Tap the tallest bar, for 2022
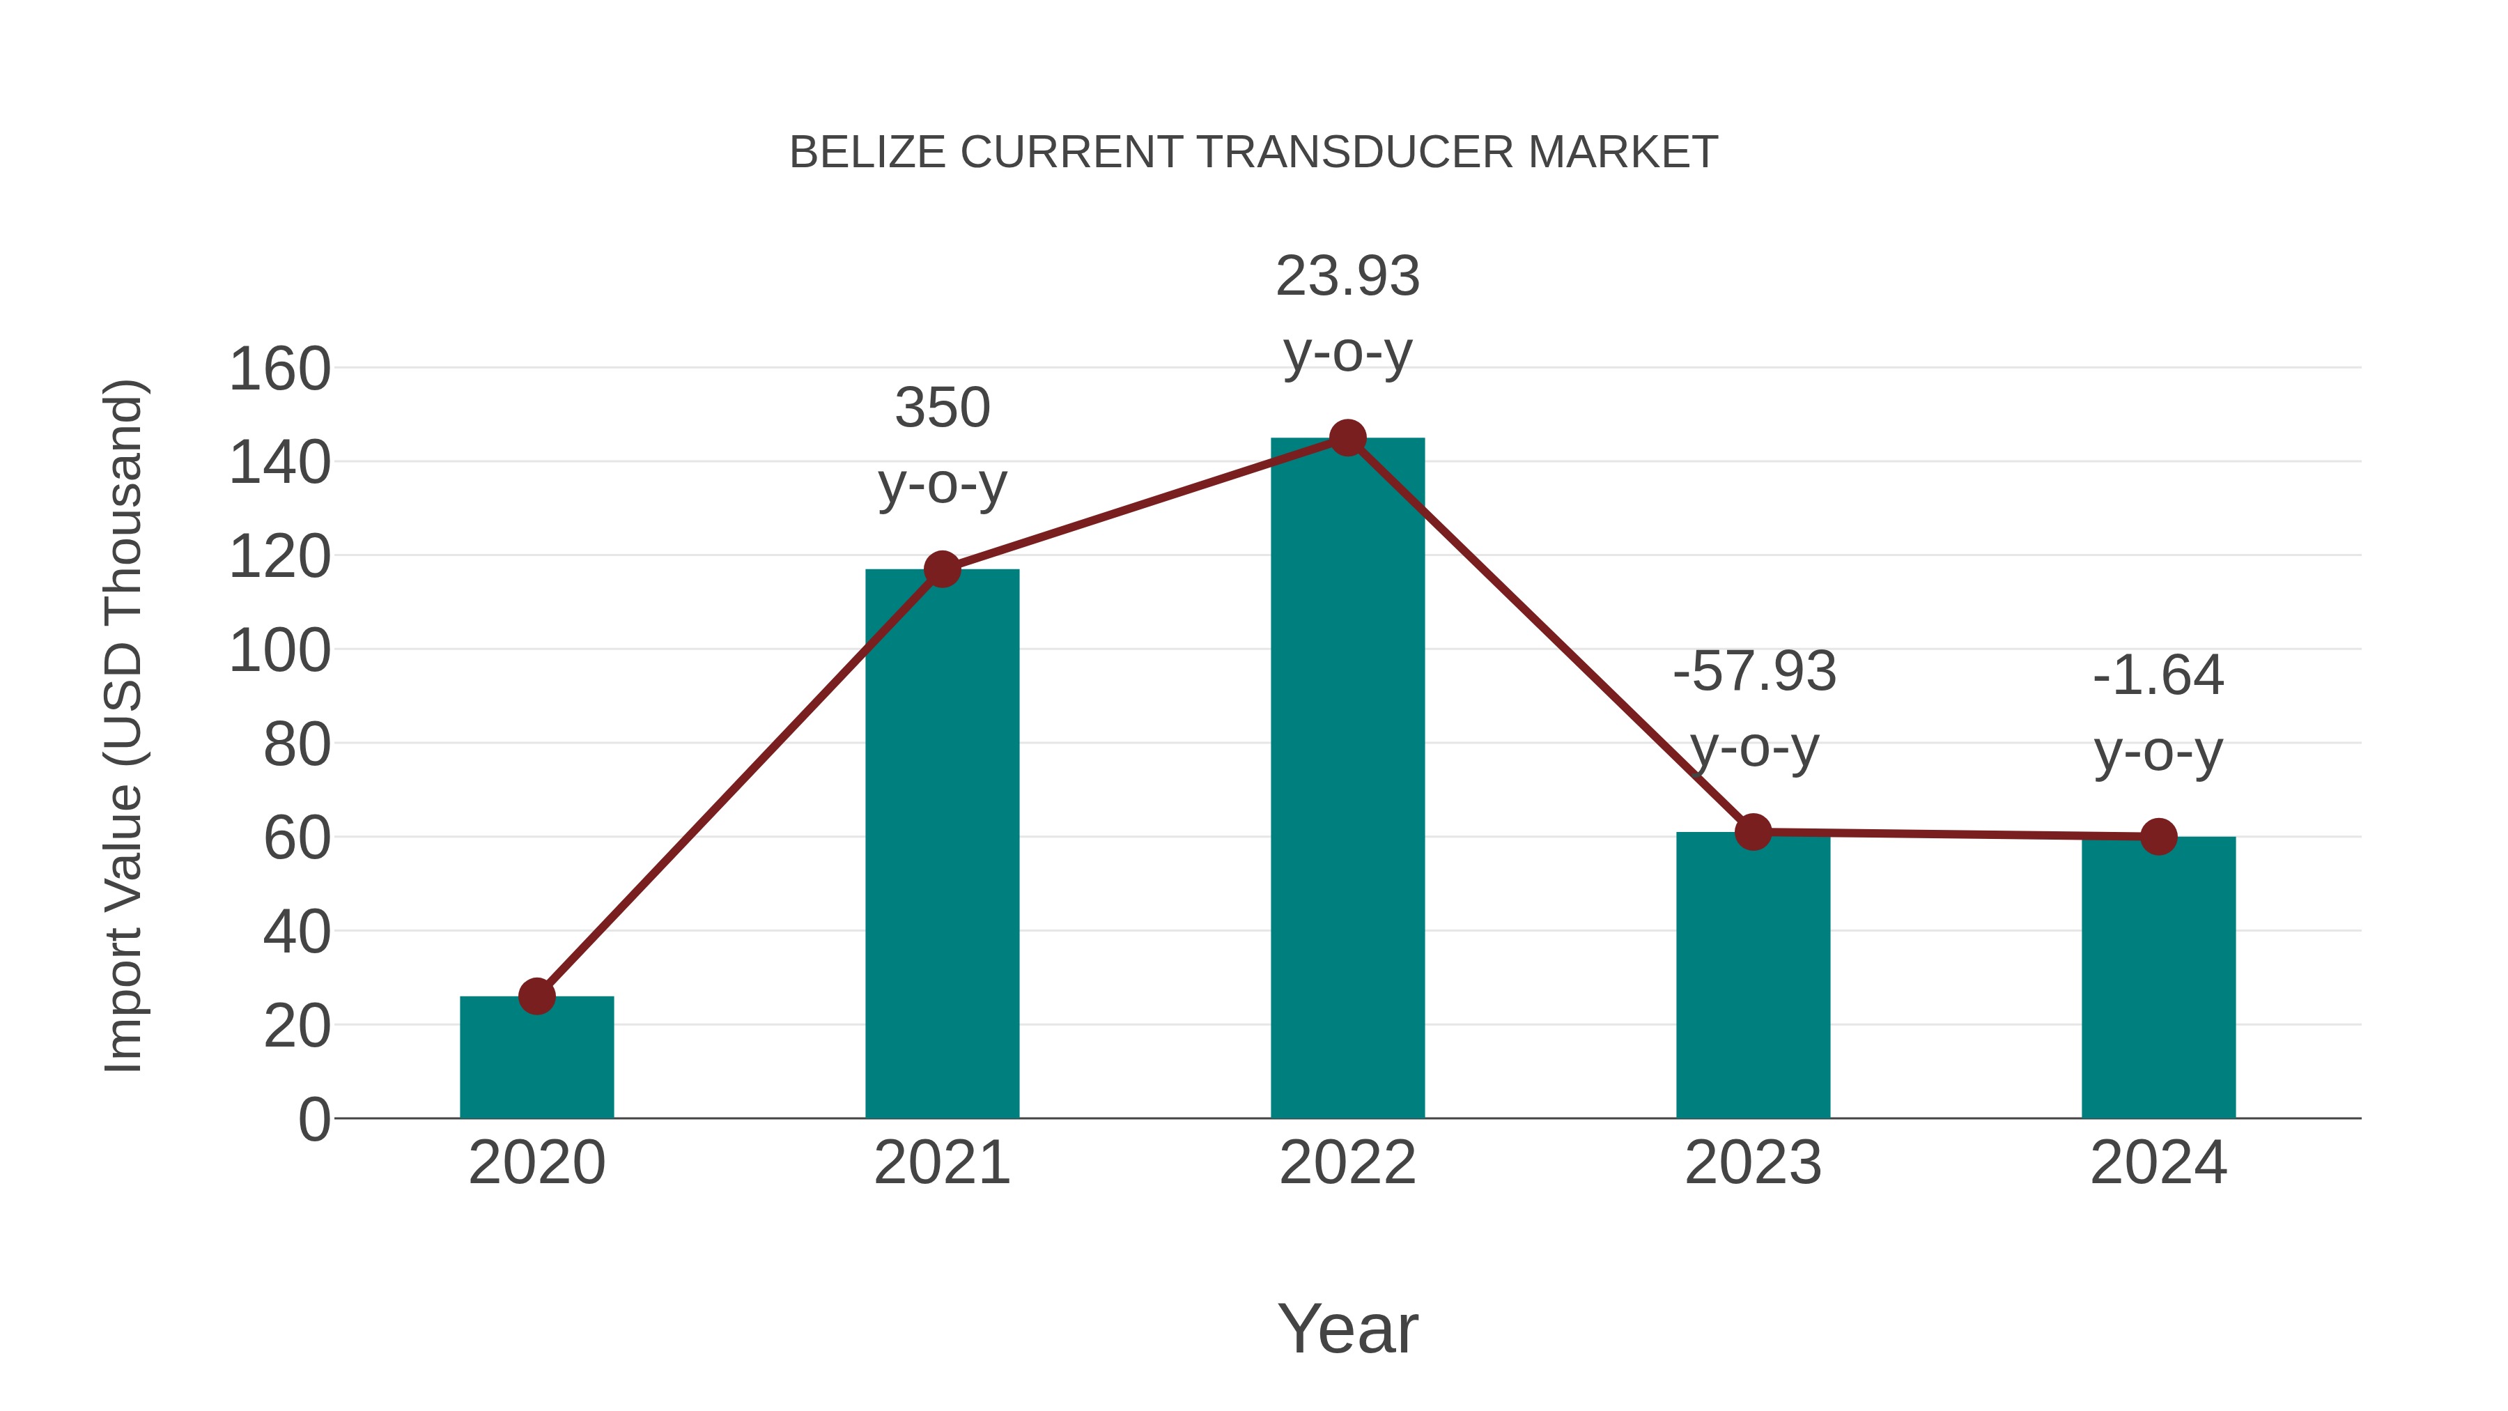(1347, 779)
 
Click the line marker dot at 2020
(536, 996)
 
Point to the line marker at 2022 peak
(1347, 438)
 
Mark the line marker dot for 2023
(1753, 833)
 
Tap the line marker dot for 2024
(2158, 836)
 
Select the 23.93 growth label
(1347, 314)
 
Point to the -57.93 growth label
(1754, 709)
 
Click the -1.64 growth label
(2158, 713)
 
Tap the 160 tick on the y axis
(279, 370)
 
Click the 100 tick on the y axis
(279, 651)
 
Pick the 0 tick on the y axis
(314, 1120)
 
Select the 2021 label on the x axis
(941, 1164)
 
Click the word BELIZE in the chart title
(867, 153)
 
